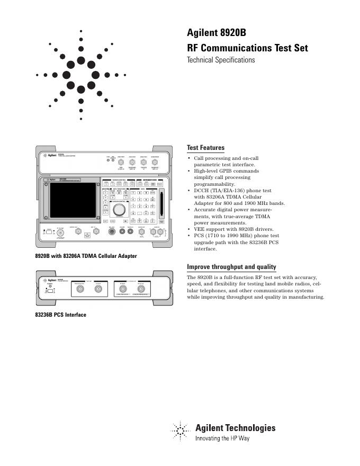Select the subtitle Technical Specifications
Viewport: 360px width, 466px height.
(221, 60)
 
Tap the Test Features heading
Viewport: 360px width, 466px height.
(205, 148)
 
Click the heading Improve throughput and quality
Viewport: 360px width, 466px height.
(231, 266)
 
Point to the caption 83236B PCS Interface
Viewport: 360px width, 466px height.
(60, 315)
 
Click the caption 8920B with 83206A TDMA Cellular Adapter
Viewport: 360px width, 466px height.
(86, 256)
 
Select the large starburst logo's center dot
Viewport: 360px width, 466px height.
(80, 75)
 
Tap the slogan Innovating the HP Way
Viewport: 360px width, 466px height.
(222, 438)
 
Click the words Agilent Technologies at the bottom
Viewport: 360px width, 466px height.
(236, 428)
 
